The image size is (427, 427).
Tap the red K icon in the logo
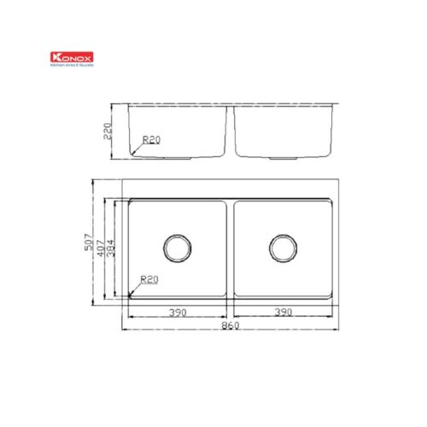[56, 58]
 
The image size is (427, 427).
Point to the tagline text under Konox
[73, 65]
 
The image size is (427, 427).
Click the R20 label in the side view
[151, 139]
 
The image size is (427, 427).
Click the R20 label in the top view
[150, 279]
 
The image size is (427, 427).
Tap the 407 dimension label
[101, 248]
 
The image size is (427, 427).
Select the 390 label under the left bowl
[177, 313]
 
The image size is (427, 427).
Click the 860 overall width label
[230, 326]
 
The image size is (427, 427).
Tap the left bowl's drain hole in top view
[177, 248]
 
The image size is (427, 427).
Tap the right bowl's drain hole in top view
[282, 248]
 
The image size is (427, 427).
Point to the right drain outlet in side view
[282, 159]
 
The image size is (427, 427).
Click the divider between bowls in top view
[230, 248]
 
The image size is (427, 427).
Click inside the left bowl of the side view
[179, 128]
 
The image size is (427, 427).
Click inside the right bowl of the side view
[282, 128]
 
